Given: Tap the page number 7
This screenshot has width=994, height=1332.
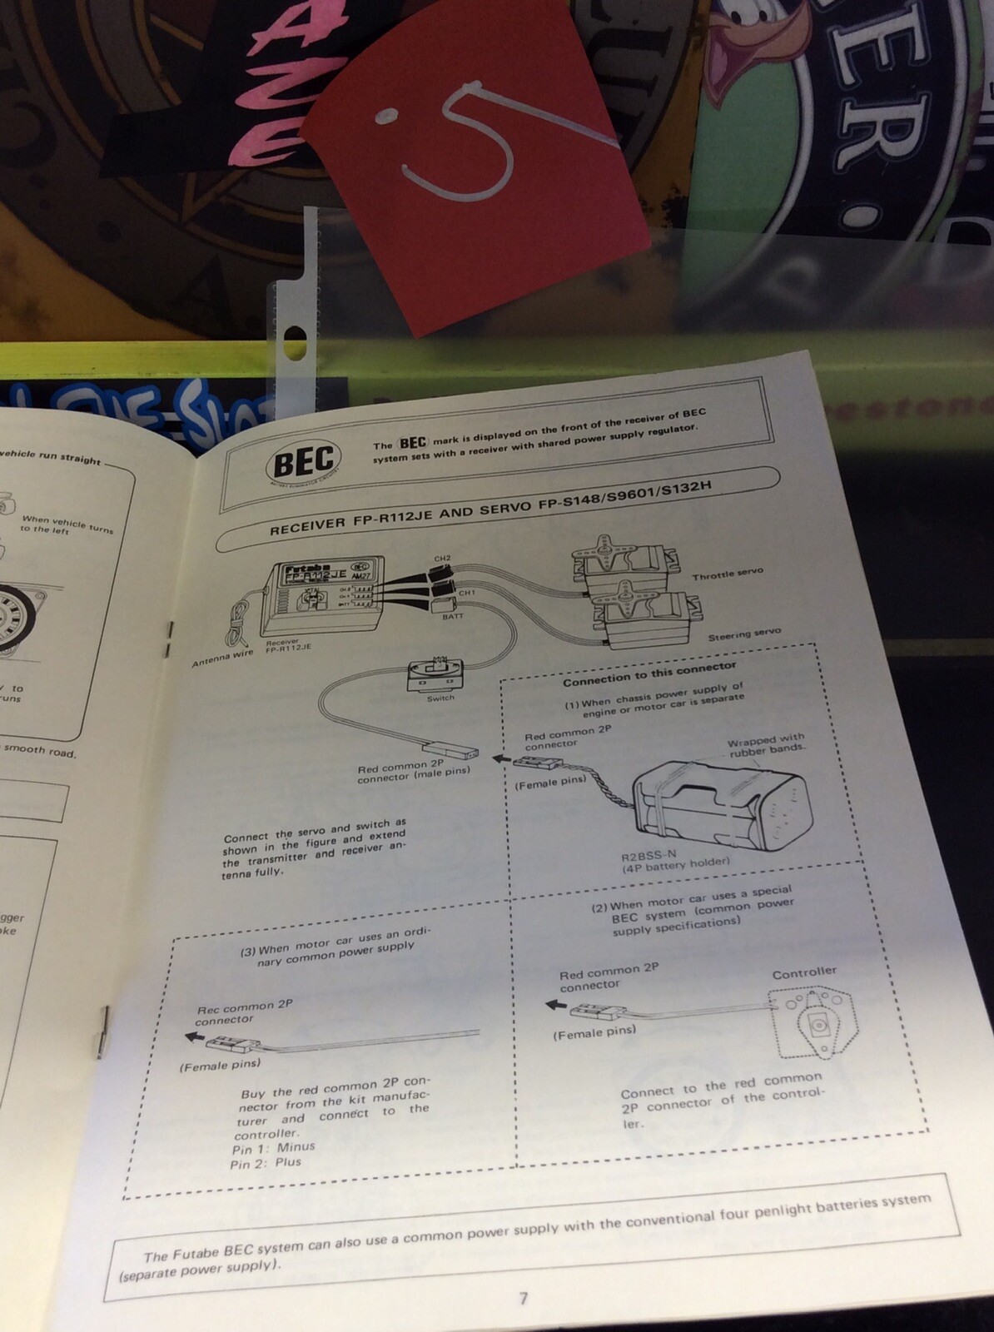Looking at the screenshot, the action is [523, 1298].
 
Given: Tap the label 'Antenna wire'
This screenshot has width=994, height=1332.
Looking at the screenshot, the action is [222, 659].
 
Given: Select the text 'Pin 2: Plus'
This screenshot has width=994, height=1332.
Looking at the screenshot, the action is [266, 1163].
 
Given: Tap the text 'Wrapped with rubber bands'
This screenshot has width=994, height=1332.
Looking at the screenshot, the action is [766, 746].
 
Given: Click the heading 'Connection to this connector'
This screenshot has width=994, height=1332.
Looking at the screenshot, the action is [649, 673].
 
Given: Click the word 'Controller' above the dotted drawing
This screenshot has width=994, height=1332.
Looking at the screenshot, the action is [804, 972].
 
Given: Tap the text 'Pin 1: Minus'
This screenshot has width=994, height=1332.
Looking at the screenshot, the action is [273, 1148].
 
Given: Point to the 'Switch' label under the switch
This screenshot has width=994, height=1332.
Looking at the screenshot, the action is [440, 698].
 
